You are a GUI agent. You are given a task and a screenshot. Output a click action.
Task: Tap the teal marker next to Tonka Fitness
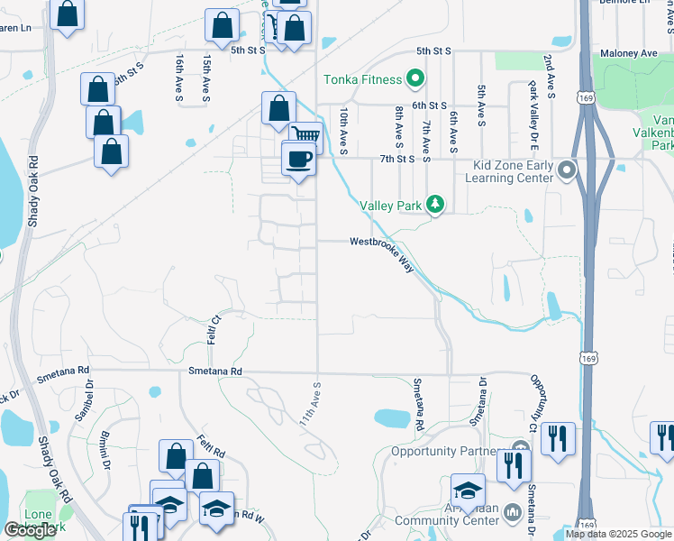click(x=415, y=79)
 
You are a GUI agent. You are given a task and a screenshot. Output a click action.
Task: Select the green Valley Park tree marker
click(x=435, y=205)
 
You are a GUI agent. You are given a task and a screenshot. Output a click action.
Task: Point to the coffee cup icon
click(x=299, y=160)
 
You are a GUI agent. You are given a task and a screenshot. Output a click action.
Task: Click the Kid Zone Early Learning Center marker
click(x=566, y=170)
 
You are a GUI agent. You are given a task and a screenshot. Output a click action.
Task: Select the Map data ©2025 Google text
click(x=618, y=534)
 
